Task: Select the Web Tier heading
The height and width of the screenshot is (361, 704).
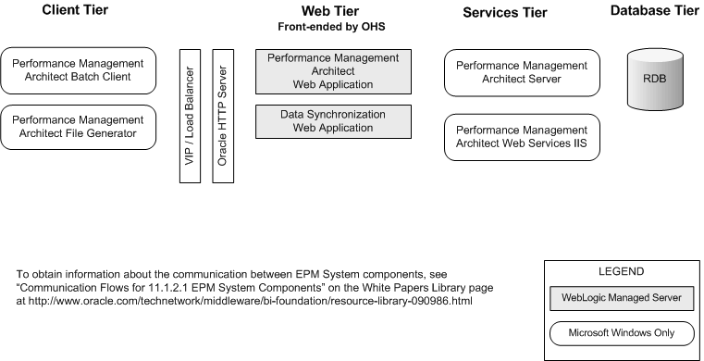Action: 330,11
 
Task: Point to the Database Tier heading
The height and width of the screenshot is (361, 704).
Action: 654,11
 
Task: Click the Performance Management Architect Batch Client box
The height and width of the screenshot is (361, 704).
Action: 79,69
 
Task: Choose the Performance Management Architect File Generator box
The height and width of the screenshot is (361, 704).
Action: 79,127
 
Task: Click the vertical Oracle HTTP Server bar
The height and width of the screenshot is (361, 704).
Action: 222,116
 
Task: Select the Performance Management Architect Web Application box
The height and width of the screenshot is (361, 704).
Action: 332,71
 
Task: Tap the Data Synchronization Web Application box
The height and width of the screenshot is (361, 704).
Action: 332,121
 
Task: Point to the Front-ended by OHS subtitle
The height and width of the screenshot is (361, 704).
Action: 330,27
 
